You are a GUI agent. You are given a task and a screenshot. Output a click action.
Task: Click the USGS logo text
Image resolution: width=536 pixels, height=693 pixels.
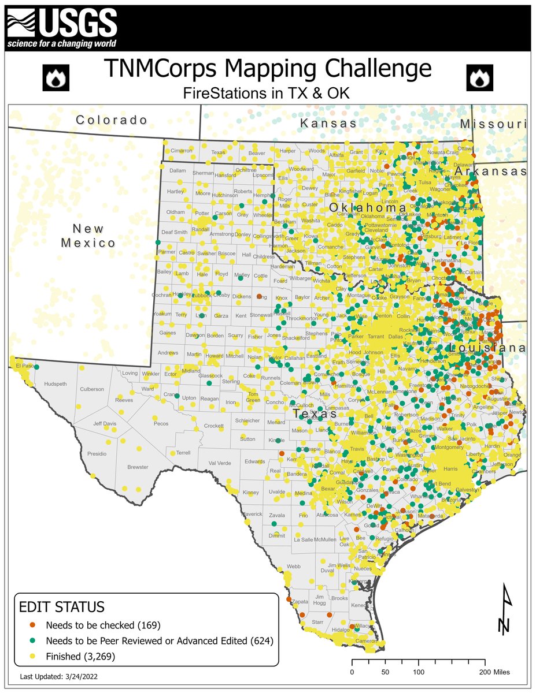coord(78,24)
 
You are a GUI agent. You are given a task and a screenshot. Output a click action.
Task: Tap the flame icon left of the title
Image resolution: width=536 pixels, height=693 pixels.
coord(56,79)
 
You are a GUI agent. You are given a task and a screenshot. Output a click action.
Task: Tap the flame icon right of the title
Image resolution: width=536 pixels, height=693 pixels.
coord(479,79)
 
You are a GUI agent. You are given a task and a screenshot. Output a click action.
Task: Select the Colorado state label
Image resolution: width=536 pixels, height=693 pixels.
coord(112,120)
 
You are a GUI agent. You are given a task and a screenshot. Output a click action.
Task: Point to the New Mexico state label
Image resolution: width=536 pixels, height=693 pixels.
coord(88,236)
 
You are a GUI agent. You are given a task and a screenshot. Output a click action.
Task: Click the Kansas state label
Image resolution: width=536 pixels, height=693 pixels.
coord(328,124)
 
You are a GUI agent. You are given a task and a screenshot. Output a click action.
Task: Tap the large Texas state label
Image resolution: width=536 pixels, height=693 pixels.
coord(315,414)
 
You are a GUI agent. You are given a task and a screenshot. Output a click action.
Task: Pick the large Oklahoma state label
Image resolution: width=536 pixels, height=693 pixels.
coord(368,207)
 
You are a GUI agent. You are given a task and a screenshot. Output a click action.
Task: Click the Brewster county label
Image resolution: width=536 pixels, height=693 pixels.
coord(138,467)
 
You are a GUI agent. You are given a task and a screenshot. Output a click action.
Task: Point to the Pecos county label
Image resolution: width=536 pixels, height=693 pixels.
coord(161,423)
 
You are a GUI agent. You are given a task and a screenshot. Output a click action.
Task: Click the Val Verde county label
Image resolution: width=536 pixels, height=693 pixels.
coord(220,463)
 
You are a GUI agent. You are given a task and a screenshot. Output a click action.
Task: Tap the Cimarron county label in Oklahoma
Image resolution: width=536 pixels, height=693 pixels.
coord(181,151)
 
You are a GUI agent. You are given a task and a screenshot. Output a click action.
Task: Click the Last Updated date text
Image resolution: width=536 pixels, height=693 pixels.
coord(62,676)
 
